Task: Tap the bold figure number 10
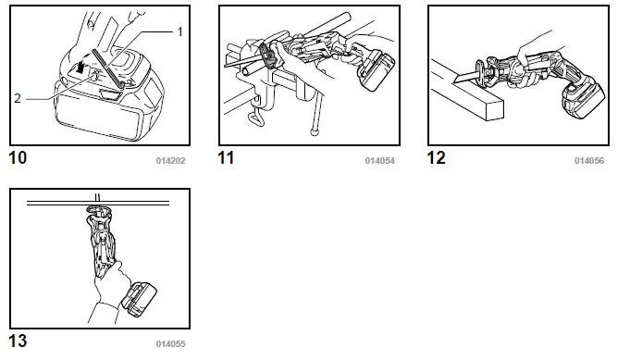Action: [18, 158]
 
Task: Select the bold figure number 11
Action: [227, 158]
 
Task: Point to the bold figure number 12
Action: [437, 158]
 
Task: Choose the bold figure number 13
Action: [18, 341]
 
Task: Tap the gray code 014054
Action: [380, 161]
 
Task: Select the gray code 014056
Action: [589, 161]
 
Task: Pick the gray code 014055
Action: [170, 344]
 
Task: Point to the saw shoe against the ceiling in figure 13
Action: [99, 211]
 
